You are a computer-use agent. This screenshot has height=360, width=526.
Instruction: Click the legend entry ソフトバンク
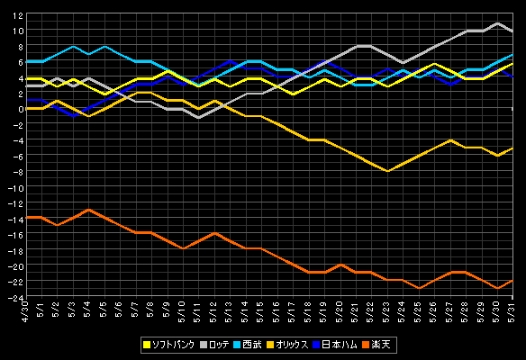pos(168,345)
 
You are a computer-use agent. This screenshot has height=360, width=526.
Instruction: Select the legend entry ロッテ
pos(214,345)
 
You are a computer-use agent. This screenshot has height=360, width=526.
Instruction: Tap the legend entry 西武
pos(248,345)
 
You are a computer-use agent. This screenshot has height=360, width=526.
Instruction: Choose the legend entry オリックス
pos(287,345)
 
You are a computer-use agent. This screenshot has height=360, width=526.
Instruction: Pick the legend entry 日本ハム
pos(335,345)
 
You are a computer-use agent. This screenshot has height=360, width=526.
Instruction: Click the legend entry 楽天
pos(376,345)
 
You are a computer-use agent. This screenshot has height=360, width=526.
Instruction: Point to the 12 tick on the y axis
pos(18,15)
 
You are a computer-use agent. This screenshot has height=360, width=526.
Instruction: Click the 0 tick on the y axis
pos(21,109)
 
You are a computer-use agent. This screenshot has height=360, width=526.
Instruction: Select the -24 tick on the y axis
pos(15,297)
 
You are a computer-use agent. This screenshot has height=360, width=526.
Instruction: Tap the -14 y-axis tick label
pos(15,220)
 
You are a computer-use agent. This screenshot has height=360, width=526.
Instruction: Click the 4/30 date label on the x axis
pos(25,312)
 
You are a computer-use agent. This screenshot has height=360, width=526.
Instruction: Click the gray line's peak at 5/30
pos(497,23)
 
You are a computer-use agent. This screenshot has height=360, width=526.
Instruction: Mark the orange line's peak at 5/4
pos(88,210)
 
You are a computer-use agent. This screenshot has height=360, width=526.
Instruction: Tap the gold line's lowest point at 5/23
pos(387,171)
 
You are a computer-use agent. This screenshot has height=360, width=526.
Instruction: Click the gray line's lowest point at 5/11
pos(198,118)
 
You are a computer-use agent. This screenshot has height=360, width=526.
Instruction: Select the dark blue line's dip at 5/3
pos(74,116)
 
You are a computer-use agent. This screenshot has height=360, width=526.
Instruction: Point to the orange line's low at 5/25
pos(419,288)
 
